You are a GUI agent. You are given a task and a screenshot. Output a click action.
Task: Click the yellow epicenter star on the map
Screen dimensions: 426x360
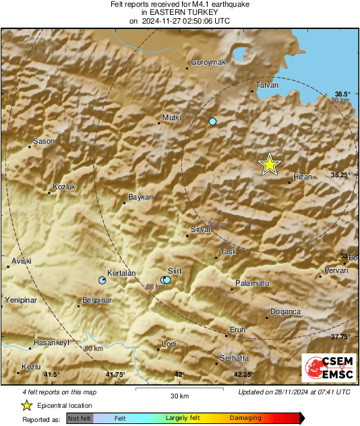click(x=270, y=164)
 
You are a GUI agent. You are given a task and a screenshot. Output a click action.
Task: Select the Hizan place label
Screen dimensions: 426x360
click(x=303, y=177)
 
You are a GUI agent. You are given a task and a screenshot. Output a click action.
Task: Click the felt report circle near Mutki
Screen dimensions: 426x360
click(x=212, y=121)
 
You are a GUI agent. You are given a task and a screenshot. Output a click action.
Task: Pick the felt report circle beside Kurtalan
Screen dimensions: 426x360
click(x=102, y=280)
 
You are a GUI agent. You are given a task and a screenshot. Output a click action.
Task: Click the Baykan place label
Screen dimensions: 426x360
click(x=142, y=197)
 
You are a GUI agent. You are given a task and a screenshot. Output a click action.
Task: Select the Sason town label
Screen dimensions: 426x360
click(x=44, y=141)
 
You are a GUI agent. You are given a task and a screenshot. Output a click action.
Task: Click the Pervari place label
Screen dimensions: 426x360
click(x=336, y=270)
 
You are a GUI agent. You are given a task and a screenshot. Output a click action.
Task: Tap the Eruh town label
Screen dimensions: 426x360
click(x=238, y=330)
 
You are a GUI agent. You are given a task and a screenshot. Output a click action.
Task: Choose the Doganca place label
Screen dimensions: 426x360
click(x=285, y=311)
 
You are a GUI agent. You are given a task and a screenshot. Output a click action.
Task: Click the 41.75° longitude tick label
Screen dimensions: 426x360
click(x=115, y=374)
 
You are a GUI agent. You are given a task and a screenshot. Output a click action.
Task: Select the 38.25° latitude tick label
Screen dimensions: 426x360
click(x=341, y=175)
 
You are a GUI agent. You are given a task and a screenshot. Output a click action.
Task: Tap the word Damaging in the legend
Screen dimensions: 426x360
click(x=245, y=418)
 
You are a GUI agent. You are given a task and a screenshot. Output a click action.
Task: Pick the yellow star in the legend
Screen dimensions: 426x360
click(x=26, y=405)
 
